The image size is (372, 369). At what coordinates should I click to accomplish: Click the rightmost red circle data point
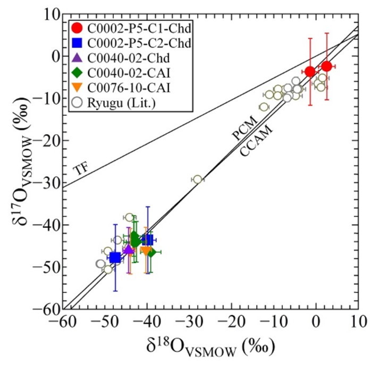(327, 66)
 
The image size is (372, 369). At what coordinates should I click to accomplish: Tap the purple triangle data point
(128, 249)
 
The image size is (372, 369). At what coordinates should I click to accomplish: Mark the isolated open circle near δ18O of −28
(198, 179)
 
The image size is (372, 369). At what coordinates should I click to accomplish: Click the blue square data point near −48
(115, 258)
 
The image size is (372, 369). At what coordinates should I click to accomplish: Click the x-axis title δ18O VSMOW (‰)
(211, 348)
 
